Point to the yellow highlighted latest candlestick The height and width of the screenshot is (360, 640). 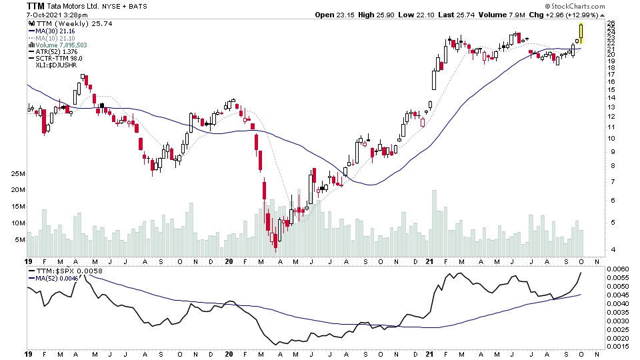(581, 33)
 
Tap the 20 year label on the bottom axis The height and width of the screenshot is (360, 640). (229, 354)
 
